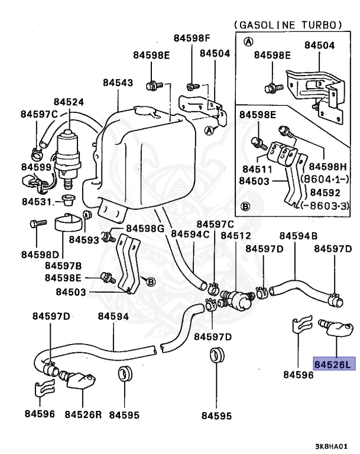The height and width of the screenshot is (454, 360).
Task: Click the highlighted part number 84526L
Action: point(334,364)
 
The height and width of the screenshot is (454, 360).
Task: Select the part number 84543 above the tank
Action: point(118,83)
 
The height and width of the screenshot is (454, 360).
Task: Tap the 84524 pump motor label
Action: point(69,102)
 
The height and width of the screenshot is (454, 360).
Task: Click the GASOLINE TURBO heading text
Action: point(288,25)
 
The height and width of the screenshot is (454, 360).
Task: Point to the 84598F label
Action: point(192,38)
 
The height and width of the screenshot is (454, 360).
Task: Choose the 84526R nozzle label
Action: point(83,414)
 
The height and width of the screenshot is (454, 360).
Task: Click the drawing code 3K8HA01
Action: point(331,446)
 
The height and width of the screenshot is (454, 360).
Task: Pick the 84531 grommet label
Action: point(37,202)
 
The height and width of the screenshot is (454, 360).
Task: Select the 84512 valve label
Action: point(236,235)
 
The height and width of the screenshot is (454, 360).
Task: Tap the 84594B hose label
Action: point(299,236)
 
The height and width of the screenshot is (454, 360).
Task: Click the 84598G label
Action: point(145,228)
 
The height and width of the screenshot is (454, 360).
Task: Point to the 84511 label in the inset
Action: point(258,169)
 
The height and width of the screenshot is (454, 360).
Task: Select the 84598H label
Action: point(328,167)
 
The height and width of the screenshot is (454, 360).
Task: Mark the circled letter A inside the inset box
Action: point(248,42)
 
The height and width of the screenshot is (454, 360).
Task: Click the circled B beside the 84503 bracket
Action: point(151,281)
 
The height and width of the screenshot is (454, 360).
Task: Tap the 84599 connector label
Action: point(36,167)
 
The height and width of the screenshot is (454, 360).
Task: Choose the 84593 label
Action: point(84,240)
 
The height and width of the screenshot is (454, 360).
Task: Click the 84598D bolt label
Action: point(40,255)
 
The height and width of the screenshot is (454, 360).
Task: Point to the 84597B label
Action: point(63,265)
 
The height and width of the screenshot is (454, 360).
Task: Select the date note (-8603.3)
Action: point(325,206)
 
